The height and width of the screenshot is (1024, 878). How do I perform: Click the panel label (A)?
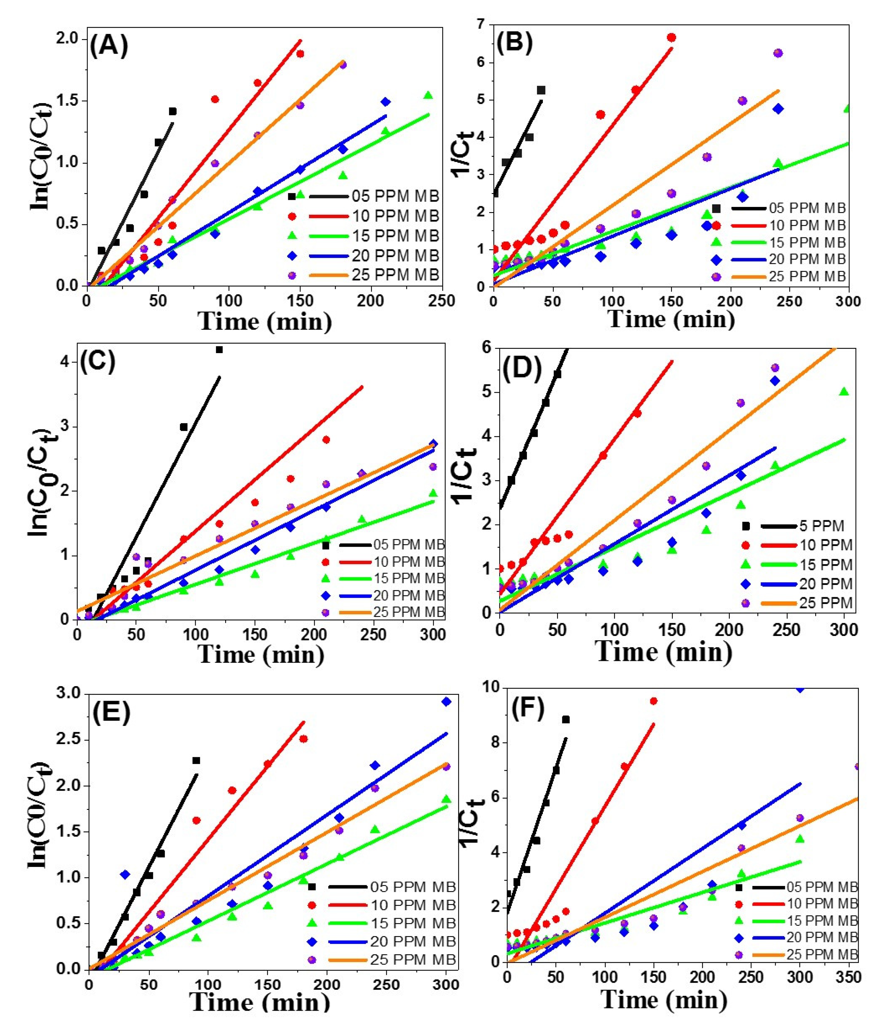click(109, 47)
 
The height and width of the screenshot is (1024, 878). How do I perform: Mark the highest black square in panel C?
click(219, 350)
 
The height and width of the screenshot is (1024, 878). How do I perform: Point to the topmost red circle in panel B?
click(671, 38)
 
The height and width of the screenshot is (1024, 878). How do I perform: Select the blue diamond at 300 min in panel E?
click(446, 702)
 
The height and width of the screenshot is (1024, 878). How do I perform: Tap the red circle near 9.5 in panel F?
click(653, 701)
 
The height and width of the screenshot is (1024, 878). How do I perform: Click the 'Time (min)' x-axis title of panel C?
click(261, 655)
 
